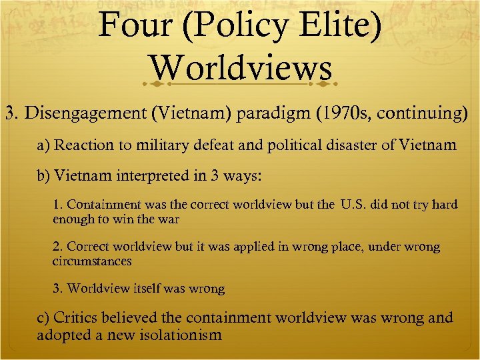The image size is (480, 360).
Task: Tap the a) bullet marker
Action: click(x=43, y=145)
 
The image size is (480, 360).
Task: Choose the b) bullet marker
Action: click(x=43, y=176)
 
